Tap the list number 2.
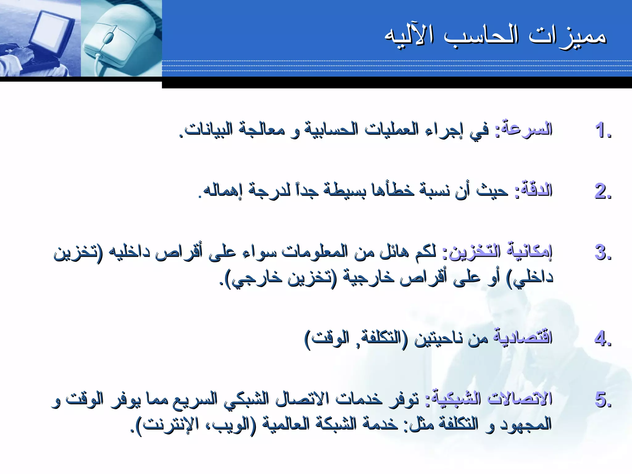(602, 191)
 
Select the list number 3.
(602, 253)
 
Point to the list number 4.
(602, 338)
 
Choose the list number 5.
(602, 400)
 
